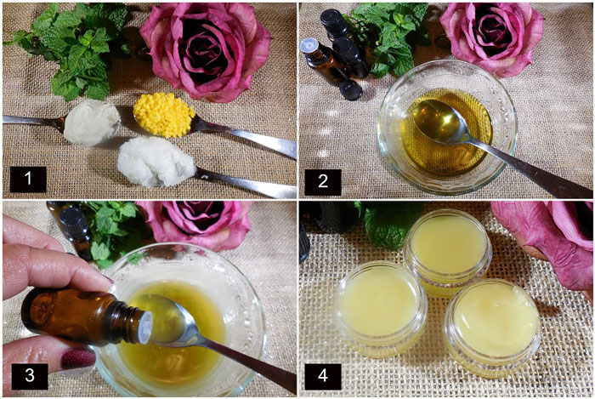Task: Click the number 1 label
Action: pyautogui.click(x=28, y=180)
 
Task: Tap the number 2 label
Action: pyautogui.click(x=323, y=182)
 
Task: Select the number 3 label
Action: pyautogui.click(x=30, y=376)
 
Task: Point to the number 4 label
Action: pyautogui.click(x=323, y=376)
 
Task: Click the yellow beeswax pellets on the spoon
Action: pyautogui.click(x=164, y=115)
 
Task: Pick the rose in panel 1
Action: pyautogui.click(x=206, y=49)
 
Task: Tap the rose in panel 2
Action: pyautogui.click(x=492, y=37)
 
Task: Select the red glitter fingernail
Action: pyautogui.click(x=78, y=358)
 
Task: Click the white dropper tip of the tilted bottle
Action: pyautogui.click(x=146, y=328)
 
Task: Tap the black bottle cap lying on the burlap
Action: pyautogui.click(x=350, y=90)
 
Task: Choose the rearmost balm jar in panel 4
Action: pyautogui.click(x=447, y=252)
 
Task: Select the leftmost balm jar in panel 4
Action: pyautogui.click(x=381, y=309)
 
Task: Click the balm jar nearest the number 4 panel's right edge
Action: pyautogui.click(x=492, y=328)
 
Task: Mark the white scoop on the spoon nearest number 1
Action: pyautogui.click(x=156, y=162)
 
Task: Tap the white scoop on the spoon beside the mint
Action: pyautogui.click(x=91, y=123)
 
